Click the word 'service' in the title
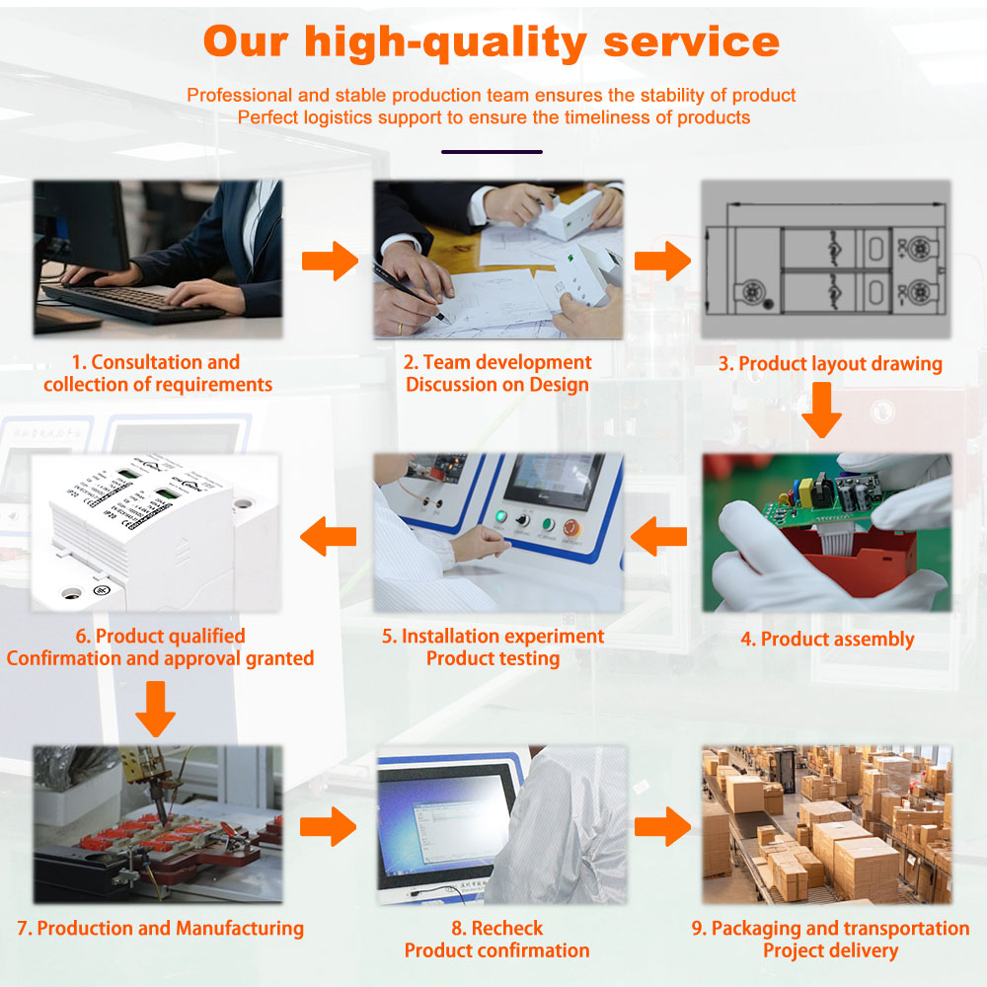(691, 42)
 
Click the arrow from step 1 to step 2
(330, 261)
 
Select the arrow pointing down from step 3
(821, 411)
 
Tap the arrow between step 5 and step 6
(328, 536)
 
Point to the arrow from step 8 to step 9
(662, 826)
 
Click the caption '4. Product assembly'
(827, 640)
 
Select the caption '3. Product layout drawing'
(830, 364)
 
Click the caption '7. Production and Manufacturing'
(161, 929)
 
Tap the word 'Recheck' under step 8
(506, 928)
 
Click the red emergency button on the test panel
(570, 527)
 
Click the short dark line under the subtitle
(492, 152)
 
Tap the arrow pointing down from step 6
(156, 709)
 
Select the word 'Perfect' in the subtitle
(268, 117)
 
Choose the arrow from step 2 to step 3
(662, 261)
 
